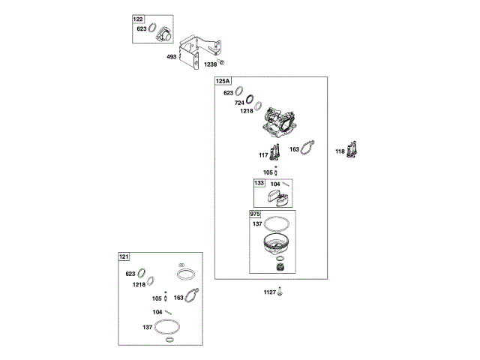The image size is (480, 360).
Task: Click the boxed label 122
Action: click(x=138, y=19)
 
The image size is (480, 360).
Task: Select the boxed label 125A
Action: click(x=223, y=81)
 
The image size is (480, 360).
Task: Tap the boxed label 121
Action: click(x=123, y=257)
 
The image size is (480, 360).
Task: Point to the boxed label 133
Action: click(x=259, y=183)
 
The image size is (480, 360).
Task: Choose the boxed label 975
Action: click(x=256, y=214)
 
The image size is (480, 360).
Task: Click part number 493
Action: click(x=172, y=57)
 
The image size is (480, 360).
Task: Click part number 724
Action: click(x=239, y=102)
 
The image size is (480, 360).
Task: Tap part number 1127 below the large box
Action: click(x=269, y=292)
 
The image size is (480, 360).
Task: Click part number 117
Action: click(x=263, y=155)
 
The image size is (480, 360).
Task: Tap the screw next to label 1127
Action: click(x=280, y=291)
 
